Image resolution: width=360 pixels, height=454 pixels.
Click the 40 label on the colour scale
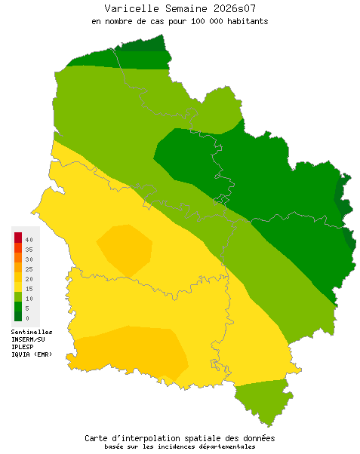click(29, 239)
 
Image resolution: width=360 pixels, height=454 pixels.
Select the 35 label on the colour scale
click(29, 249)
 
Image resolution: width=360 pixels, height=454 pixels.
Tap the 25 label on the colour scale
click(29, 268)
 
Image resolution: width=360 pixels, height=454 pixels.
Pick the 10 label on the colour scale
click(29, 298)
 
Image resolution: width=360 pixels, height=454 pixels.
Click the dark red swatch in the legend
click(17, 238)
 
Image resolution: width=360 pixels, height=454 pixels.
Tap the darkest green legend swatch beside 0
click(17, 317)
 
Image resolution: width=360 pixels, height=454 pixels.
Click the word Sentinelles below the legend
click(32, 332)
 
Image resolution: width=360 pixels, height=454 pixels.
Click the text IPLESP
click(23, 347)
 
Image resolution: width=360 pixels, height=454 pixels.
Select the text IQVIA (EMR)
click(32, 354)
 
